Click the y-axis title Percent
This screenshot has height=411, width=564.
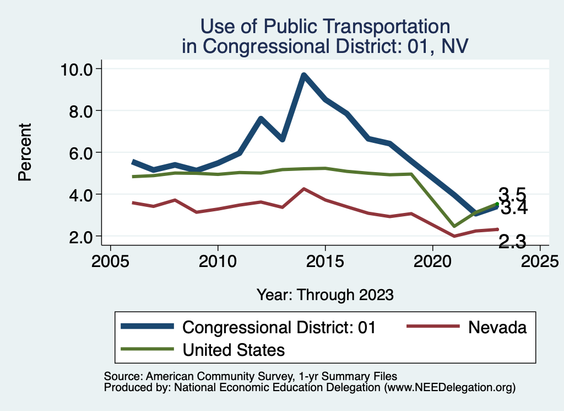[x=24, y=152]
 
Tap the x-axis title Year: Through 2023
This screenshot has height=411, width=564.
[x=325, y=295]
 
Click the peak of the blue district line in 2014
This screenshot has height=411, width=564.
[x=303, y=75]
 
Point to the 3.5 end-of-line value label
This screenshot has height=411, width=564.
[x=512, y=194]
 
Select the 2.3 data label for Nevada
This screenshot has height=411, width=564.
[x=512, y=241]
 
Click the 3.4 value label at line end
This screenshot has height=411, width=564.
[x=513, y=209]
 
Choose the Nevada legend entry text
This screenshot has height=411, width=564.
[x=497, y=327]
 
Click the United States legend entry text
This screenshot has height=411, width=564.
[x=234, y=349]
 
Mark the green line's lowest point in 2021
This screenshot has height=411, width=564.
[x=454, y=226]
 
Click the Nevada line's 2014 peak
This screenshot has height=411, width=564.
[x=303, y=189]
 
